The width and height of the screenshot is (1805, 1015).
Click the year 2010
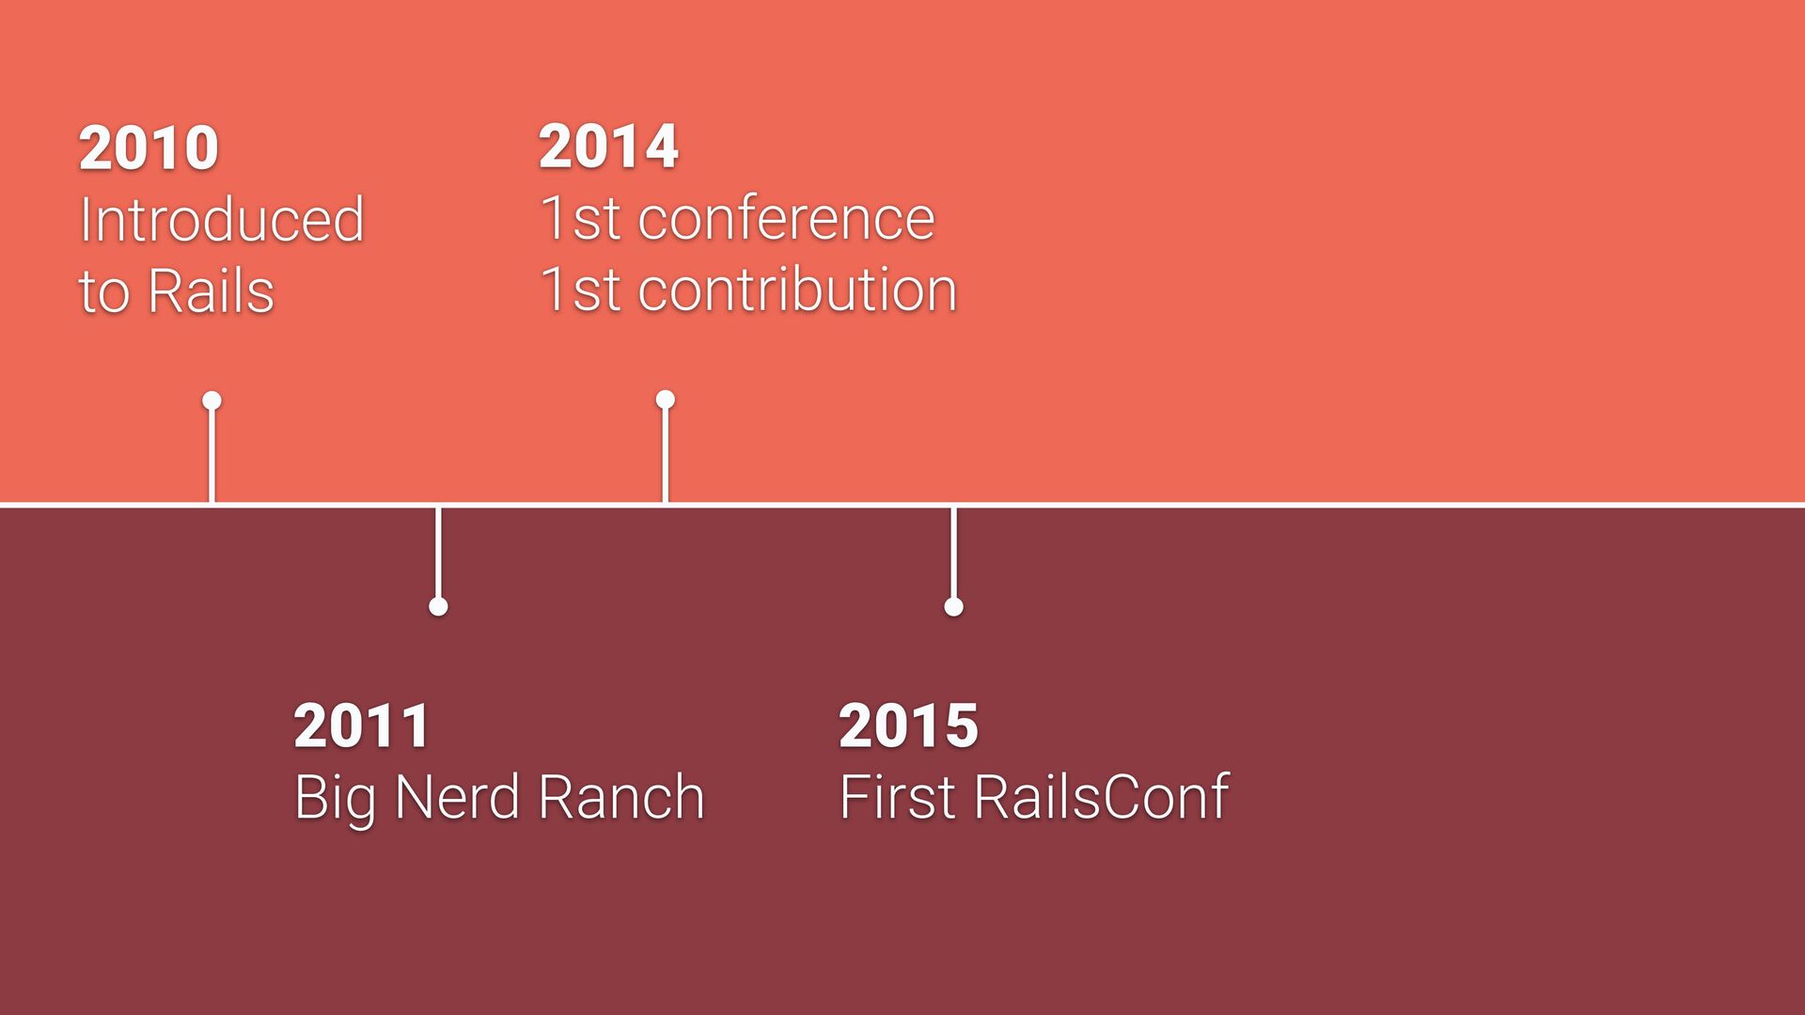(149, 148)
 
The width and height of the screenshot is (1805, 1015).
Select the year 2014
(608, 148)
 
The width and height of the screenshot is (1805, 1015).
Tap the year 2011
(362, 726)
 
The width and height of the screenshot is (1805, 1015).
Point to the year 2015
(908, 726)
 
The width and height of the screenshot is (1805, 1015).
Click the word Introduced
(222, 220)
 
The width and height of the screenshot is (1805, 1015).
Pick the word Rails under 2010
(211, 291)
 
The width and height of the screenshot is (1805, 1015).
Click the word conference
(786, 219)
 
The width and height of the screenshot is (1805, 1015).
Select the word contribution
(797, 289)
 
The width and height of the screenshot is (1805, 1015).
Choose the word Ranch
(621, 797)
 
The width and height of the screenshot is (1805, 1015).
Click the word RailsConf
(1101, 797)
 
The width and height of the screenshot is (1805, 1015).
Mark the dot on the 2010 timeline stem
(212, 401)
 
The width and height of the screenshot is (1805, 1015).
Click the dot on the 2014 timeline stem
(666, 400)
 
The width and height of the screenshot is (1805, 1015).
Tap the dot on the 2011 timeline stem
(438, 606)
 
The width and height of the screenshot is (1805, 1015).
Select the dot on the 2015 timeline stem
(953, 606)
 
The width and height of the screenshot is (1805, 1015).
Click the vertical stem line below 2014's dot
(666, 456)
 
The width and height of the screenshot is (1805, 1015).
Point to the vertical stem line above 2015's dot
(953, 553)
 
